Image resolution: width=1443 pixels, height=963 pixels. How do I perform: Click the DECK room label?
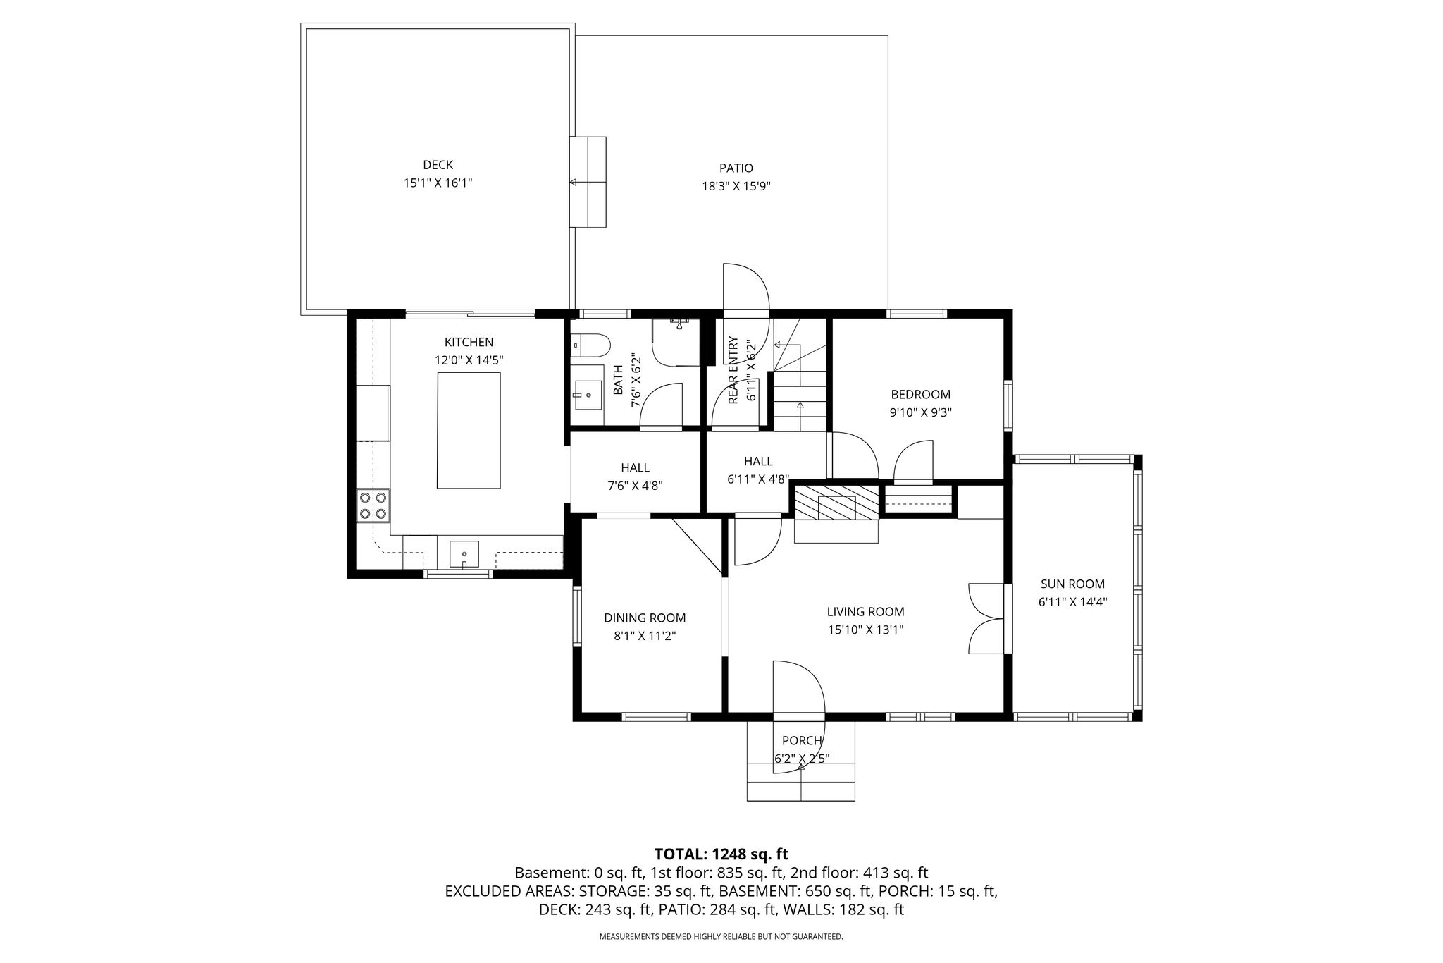point(438,165)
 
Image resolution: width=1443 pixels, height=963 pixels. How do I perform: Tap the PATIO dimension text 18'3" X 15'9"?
point(736,186)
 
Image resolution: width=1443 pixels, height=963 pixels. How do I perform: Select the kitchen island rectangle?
point(469,430)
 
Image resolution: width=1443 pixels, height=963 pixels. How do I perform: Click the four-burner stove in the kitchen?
point(373,505)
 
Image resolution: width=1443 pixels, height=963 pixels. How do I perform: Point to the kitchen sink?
point(464,553)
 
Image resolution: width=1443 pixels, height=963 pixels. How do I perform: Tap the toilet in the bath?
point(591,345)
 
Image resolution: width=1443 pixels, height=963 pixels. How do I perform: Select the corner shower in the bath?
point(676,342)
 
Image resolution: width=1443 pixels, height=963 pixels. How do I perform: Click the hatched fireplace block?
point(837,501)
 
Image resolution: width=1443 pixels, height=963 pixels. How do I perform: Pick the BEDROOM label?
point(920,395)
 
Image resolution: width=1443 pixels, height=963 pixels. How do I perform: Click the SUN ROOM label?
point(1072,584)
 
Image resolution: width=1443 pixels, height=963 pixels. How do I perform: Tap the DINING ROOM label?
point(645,618)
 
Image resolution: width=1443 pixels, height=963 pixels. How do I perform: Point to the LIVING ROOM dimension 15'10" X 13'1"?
point(865,630)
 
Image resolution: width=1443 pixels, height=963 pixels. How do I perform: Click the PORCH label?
point(802,740)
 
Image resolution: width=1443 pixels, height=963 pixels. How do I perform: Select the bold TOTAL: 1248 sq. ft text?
point(721,854)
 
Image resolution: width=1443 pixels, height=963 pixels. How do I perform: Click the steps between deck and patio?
point(588,182)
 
